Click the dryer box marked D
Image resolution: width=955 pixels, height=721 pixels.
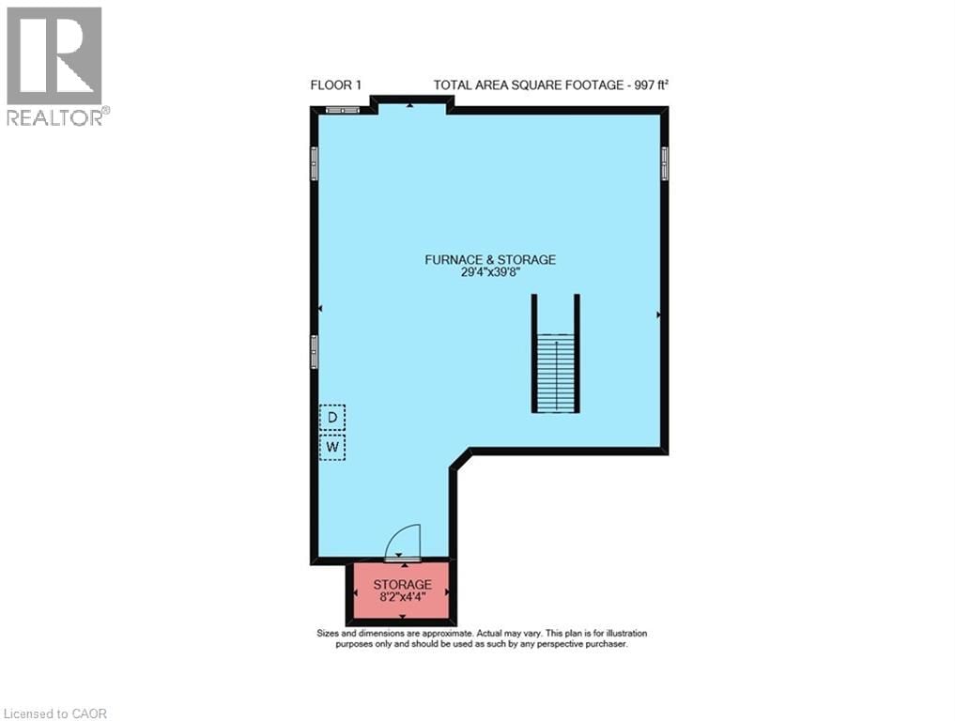(331, 416)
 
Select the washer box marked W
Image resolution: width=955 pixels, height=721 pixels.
(331, 448)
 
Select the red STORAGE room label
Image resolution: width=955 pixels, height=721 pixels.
(402, 584)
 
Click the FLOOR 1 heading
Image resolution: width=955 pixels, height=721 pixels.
(336, 85)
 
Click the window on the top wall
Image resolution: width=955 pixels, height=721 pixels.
(343, 110)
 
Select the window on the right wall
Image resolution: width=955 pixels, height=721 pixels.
(665, 163)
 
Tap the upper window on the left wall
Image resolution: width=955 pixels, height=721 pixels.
(315, 163)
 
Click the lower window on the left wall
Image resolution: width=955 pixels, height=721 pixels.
(315, 352)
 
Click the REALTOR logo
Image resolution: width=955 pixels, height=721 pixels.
(54, 66)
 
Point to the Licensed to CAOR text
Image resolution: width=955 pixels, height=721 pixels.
(54, 713)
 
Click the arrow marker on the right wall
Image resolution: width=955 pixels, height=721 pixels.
(659, 314)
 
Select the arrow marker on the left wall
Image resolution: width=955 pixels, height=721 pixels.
(320, 308)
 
